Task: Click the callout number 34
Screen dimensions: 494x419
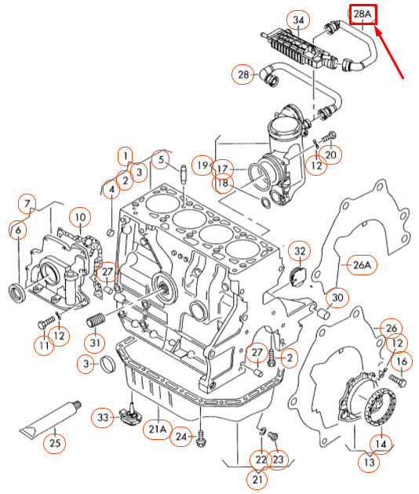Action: pos(275,19)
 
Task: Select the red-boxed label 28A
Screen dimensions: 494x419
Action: pos(363,15)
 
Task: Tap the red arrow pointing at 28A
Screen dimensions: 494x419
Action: pos(392,53)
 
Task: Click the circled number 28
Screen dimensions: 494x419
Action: pos(242,74)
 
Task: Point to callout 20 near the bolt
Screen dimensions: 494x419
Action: pos(330,154)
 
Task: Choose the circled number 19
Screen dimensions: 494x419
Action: pos(203,165)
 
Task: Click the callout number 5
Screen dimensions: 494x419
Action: pos(160,161)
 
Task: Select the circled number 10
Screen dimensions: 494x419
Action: pos(79,216)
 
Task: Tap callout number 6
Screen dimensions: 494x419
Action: pos(18,230)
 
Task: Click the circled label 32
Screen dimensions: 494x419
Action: pos(299,251)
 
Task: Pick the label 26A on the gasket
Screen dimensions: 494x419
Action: pos(360,266)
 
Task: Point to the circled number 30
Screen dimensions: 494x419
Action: pos(337,298)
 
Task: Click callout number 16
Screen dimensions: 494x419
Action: pos(401,361)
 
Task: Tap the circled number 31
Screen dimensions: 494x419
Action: pos(95,343)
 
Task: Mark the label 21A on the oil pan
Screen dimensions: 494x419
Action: pos(158,429)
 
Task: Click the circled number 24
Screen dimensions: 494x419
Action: pos(181,436)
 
